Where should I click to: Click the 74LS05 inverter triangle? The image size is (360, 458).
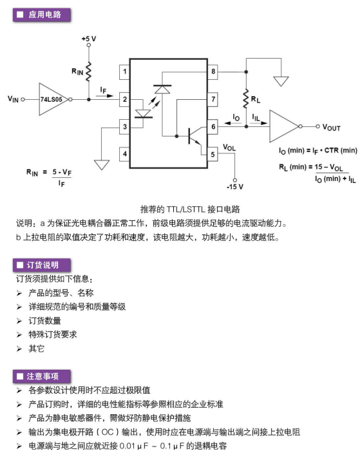coord(53,99)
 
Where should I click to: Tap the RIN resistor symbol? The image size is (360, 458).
coord(88,72)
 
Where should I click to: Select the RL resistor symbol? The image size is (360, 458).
coord(246,99)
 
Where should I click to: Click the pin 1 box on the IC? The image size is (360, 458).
coord(125,72)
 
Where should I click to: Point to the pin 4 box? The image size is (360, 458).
coord(125,154)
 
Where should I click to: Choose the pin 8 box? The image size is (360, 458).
coord(213,72)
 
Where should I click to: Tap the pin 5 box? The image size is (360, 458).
coord(213,154)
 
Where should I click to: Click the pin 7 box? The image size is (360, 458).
coord(213,99)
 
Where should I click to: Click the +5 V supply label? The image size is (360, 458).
coord(89,39)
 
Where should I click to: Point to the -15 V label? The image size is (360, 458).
coord(235,187)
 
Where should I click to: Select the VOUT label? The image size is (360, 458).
coord(332,128)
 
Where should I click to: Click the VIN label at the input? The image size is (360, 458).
coord(13,99)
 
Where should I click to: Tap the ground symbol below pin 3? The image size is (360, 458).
coord(102,165)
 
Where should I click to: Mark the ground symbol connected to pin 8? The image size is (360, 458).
coord(281,81)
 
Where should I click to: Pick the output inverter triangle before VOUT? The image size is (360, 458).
coord(284,126)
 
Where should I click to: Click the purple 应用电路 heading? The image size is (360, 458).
coord(42,15)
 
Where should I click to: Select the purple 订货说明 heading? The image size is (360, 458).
coord(42,265)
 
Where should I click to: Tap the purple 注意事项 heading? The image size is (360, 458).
coord(42,376)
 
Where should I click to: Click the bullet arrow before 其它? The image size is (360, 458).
coord(19,348)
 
